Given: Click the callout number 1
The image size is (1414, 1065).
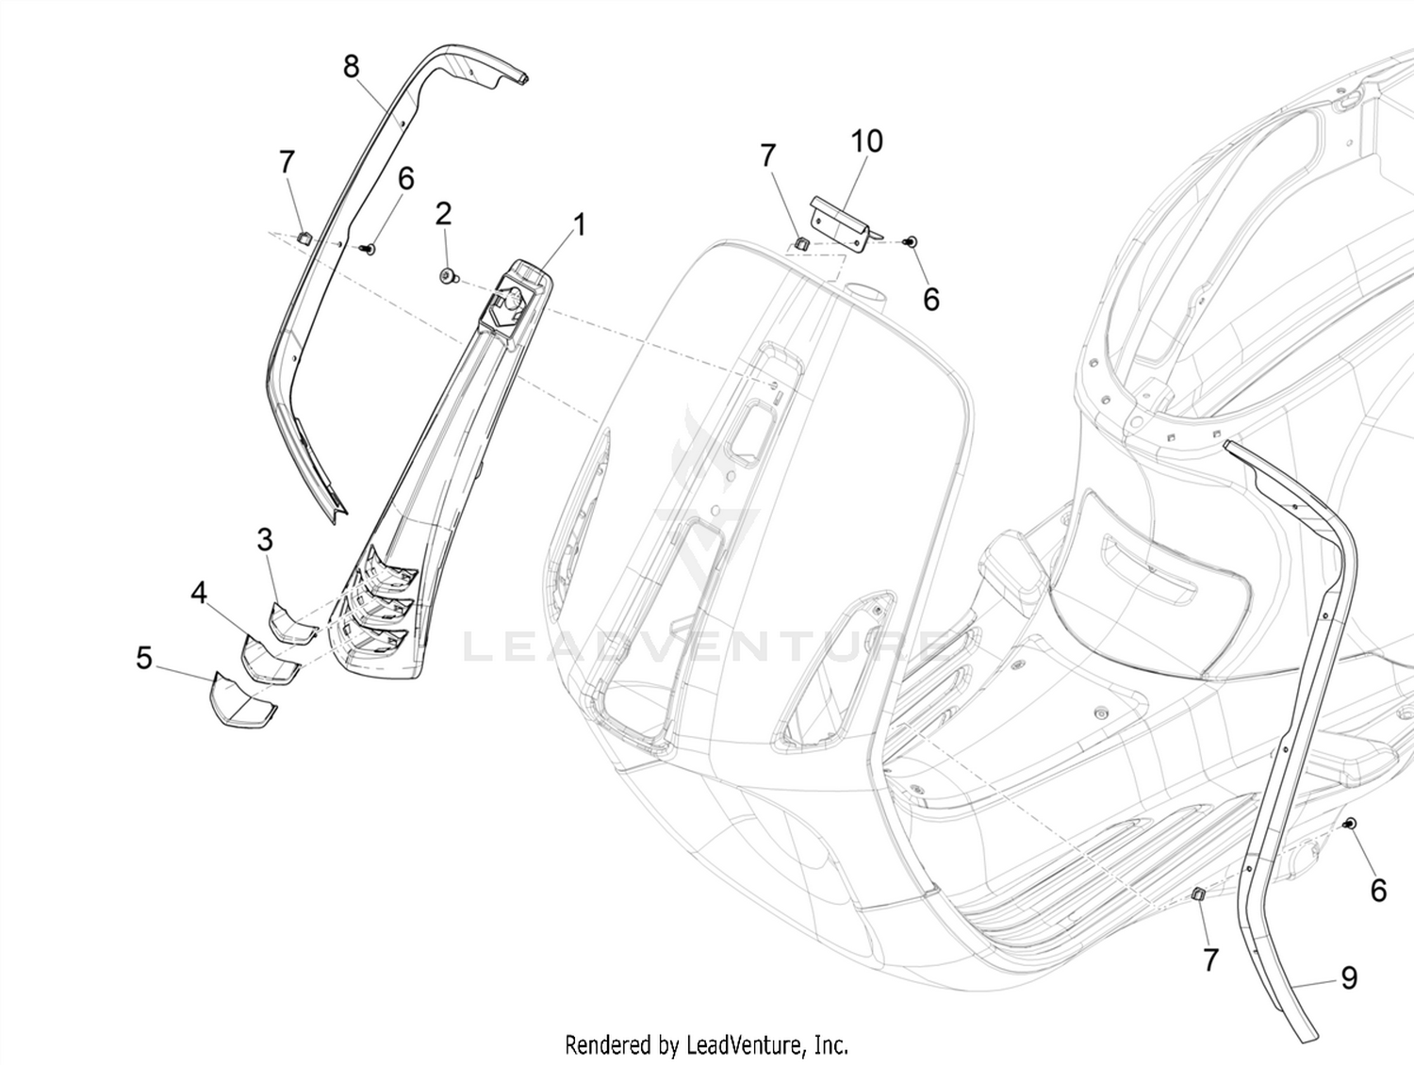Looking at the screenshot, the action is click(580, 225).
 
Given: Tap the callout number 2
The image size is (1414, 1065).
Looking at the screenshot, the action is click(443, 214).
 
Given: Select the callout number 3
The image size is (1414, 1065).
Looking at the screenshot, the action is click(265, 540).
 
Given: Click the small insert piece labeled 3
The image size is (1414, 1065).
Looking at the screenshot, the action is click(293, 624).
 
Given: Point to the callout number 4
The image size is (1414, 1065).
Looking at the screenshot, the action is click(199, 593).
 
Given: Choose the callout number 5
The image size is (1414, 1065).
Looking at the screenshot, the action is click(144, 658).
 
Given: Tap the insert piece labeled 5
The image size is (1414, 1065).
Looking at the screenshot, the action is click(244, 700).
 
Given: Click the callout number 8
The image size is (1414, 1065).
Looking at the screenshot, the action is click(351, 66).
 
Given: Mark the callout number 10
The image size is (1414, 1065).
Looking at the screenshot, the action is click(866, 141).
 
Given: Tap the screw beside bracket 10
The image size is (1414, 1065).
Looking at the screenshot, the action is click(911, 242).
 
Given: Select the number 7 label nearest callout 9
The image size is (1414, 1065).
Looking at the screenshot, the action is click(1211, 960).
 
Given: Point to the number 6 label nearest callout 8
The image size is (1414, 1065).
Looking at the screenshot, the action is click(406, 178).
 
